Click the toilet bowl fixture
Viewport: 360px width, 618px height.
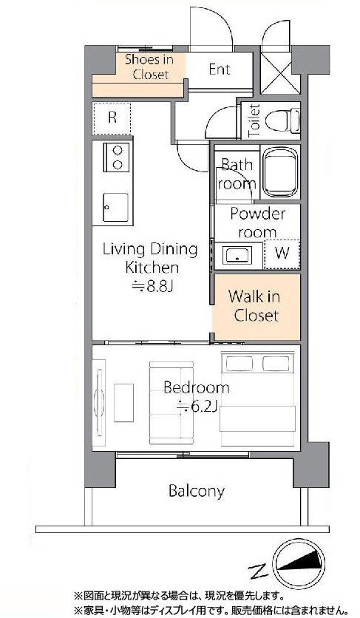click(x=282, y=120)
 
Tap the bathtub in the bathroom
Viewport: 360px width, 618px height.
click(x=281, y=172)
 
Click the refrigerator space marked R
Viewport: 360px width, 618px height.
click(x=112, y=118)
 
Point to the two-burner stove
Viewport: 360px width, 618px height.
click(x=117, y=157)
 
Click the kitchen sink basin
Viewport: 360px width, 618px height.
click(x=116, y=207)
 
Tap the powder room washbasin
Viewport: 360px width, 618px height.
click(x=237, y=255)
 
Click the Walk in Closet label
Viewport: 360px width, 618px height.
click(x=255, y=306)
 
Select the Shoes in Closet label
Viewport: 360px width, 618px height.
click(x=150, y=67)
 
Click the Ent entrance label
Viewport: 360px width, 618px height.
click(x=220, y=69)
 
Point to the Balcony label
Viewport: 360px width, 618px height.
click(x=197, y=492)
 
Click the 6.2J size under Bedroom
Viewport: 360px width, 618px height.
click(x=197, y=407)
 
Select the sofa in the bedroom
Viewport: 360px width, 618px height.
click(x=171, y=403)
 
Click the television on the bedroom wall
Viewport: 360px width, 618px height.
click(x=100, y=402)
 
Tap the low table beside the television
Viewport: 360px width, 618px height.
click(x=123, y=402)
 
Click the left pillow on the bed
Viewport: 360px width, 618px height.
click(x=240, y=364)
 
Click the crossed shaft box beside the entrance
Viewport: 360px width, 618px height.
click(x=276, y=72)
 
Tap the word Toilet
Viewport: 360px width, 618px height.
click(x=254, y=120)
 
